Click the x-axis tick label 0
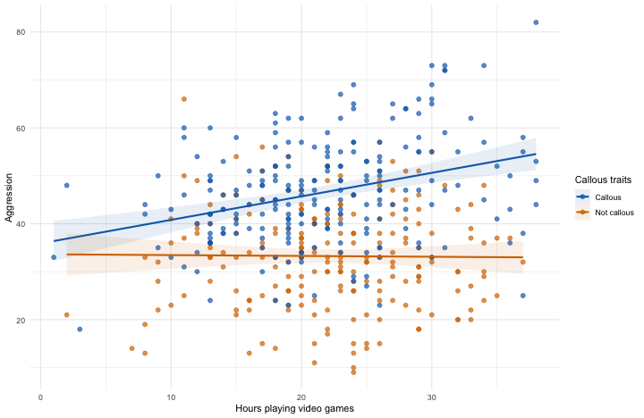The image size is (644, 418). (40, 397)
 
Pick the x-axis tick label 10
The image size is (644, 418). (171, 397)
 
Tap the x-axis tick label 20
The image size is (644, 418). (301, 397)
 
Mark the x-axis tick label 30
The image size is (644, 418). (432, 397)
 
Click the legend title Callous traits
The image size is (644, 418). (603, 181)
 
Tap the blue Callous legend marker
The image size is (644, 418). (582, 196)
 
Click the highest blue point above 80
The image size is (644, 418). (536, 22)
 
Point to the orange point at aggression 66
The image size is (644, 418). (183, 99)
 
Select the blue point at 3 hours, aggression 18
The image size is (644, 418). (80, 330)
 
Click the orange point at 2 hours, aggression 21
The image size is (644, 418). (66, 314)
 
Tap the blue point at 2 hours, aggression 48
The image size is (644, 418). (66, 186)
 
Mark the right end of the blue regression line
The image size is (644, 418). (536, 154)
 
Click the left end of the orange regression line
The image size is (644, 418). (66, 255)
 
